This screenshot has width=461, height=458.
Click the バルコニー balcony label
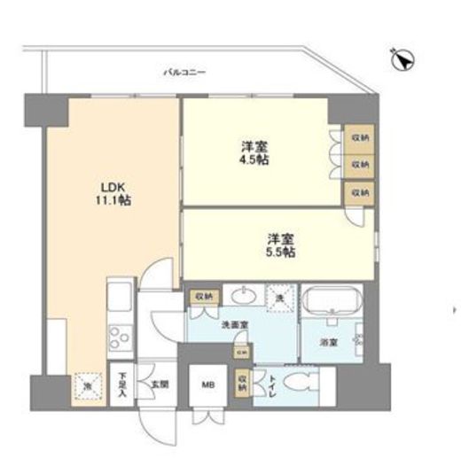point(184,72)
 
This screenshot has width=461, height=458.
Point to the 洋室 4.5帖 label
point(254,152)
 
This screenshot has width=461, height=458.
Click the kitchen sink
point(120,297)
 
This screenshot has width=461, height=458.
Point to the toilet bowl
point(299,384)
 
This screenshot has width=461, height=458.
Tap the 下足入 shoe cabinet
point(122,385)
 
